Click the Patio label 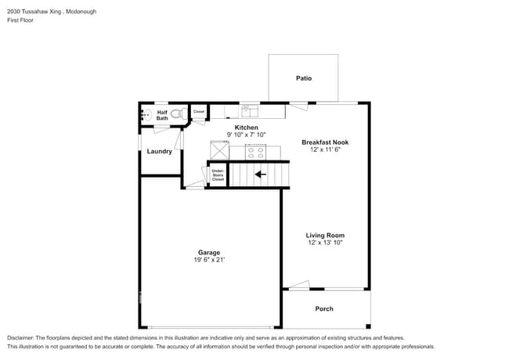coord(304,78)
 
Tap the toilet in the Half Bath coord(179,113)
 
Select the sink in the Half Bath coord(146,115)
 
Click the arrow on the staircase coord(260,175)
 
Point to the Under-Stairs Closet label coord(218,175)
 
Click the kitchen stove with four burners coord(255,152)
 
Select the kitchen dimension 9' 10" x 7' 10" coord(247,135)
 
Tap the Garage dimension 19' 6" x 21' coord(209,260)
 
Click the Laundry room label coord(160,152)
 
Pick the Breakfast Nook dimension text coord(325,149)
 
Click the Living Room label coord(325,236)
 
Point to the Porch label coord(324,309)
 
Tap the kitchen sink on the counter coord(250,111)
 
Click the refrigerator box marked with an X coord(220,150)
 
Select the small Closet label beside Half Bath coord(199,112)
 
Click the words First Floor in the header coord(20,20)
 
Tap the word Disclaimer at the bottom coord(20,338)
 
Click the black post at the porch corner coord(368,326)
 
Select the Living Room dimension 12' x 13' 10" coord(325,243)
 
